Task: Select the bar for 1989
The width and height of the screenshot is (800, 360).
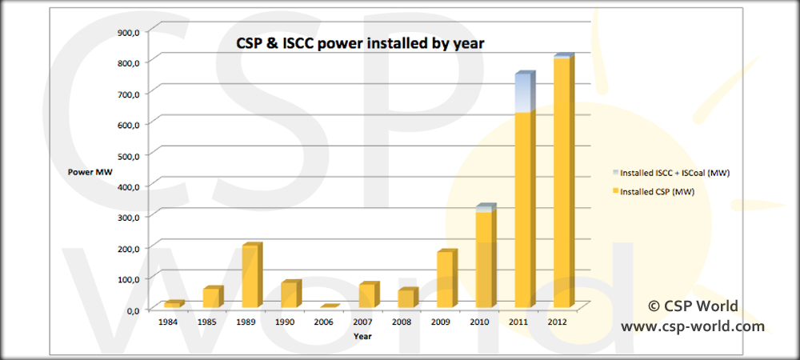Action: click(250, 277)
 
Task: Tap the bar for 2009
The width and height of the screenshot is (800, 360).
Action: click(445, 280)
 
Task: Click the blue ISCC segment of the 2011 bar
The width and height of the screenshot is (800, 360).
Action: click(523, 94)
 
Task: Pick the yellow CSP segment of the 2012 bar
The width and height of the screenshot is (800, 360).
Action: click(562, 184)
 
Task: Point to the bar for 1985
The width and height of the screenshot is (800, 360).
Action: click(211, 298)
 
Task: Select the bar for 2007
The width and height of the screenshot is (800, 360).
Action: click(367, 296)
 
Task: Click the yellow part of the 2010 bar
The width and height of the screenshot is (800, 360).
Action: click(484, 260)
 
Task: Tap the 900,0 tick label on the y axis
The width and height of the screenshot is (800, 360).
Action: click(129, 32)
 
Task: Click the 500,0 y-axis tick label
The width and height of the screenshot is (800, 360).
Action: click(129, 155)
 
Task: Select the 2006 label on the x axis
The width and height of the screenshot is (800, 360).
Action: click(325, 322)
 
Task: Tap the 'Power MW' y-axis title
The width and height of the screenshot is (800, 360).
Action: click(84, 171)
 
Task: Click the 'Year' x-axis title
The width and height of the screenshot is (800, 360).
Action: click(363, 336)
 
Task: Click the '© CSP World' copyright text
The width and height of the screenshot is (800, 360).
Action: click(693, 306)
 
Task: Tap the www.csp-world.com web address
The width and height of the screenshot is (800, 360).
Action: click(693, 326)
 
